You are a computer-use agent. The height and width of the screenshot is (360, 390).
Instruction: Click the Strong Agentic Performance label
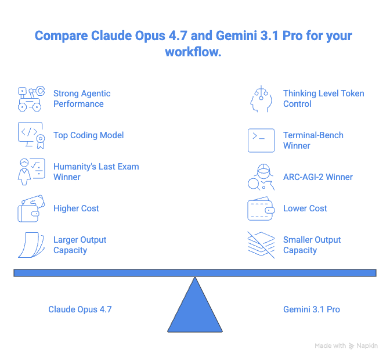click(x=82, y=99)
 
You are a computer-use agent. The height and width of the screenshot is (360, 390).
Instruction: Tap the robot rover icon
click(x=31, y=99)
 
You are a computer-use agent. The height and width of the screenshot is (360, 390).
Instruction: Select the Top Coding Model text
click(x=89, y=135)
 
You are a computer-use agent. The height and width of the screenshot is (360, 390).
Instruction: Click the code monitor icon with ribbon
click(x=31, y=135)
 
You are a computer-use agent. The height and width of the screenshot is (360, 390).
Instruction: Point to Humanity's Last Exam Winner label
click(x=96, y=172)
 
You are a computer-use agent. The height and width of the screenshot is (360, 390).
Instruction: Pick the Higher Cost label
click(x=76, y=208)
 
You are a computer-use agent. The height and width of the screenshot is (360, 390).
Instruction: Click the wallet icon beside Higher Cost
click(x=31, y=208)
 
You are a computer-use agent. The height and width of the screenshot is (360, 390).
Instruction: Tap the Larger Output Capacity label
click(x=80, y=245)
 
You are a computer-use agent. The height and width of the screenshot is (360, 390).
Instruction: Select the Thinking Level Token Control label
click(x=324, y=99)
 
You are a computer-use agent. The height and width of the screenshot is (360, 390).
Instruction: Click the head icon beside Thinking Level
click(x=261, y=99)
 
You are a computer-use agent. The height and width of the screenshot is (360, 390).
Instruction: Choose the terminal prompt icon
click(x=261, y=141)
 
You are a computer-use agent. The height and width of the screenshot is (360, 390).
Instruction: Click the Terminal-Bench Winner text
click(x=313, y=141)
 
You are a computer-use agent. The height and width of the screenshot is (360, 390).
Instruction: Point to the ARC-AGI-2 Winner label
click(x=318, y=177)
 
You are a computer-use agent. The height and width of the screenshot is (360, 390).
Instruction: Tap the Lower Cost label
click(x=305, y=208)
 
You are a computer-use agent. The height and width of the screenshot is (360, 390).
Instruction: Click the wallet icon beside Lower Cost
click(x=261, y=208)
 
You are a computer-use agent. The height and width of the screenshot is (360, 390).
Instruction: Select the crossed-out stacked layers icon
click(x=261, y=245)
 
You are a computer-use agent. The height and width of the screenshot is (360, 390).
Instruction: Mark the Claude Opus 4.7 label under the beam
click(x=80, y=309)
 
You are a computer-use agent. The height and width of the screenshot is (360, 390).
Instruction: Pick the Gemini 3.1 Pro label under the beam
click(x=312, y=309)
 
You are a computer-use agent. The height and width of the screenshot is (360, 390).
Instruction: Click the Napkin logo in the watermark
click(x=351, y=346)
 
